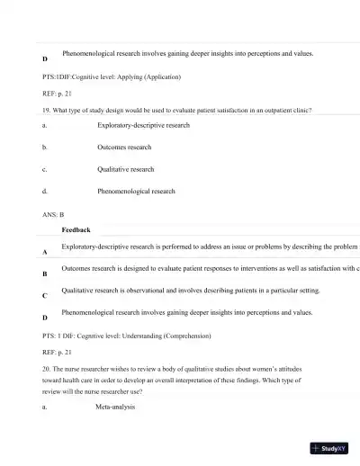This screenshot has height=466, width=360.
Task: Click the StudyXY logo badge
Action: [329, 448]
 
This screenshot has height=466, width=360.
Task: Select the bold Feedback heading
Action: [76, 230]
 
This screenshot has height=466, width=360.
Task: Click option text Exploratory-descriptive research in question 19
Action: [143, 125]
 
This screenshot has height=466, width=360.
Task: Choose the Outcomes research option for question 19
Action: [124, 147]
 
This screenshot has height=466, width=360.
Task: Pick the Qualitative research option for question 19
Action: [125, 169]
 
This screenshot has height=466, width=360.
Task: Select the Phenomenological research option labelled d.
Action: [136, 192]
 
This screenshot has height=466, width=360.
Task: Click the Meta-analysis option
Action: [115, 408]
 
